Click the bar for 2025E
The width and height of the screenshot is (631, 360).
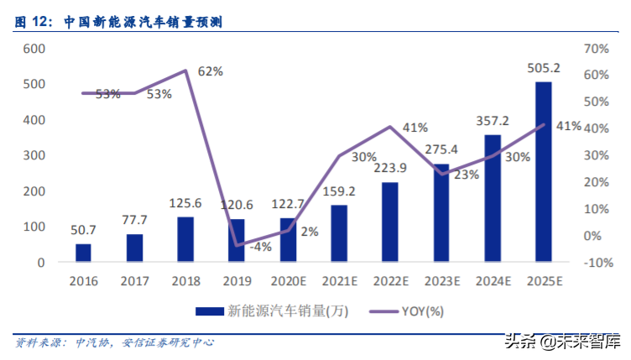tap(543, 172)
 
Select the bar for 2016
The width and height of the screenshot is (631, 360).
tap(83, 253)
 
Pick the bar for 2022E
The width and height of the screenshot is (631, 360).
tap(389, 222)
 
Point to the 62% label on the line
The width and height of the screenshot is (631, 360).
tap(211, 71)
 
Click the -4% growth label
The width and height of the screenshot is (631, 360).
tap(261, 247)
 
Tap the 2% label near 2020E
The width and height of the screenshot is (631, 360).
tap(309, 232)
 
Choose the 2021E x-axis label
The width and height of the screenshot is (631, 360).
tap(338, 279)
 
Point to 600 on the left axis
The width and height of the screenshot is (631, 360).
tap(34, 49)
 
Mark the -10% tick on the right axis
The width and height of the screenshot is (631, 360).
tap(591, 263)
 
